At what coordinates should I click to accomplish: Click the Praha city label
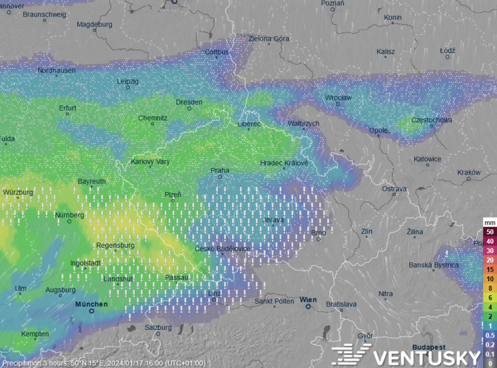220,170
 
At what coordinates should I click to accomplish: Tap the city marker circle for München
92,311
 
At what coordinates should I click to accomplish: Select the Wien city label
309,300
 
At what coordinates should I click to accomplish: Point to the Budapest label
429,347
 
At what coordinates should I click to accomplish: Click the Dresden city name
189,102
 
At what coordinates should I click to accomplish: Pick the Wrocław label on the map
339,98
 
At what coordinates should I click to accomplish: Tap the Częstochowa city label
432,120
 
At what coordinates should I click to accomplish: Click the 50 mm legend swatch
489,232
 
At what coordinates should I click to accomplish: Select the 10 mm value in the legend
489,278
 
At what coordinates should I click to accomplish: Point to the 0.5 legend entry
489,335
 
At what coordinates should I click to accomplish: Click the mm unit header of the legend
489,223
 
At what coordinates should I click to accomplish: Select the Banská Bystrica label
433,265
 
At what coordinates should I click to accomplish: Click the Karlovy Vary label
150,162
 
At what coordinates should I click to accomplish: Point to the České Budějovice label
223,249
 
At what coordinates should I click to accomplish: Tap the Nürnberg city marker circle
70,222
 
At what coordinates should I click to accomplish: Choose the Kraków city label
469,172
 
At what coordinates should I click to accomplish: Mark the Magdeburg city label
94,25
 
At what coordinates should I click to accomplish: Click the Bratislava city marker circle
341,311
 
